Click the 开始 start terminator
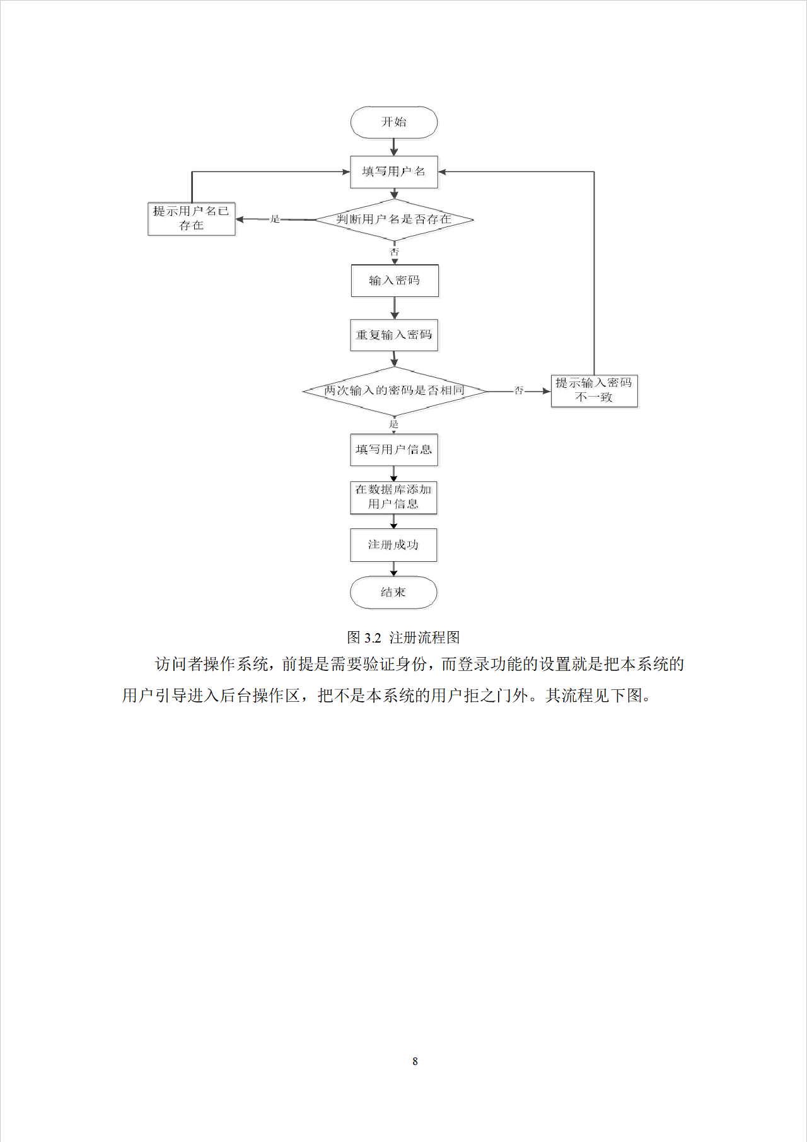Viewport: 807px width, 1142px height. click(x=394, y=122)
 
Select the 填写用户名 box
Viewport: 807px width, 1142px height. click(x=394, y=172)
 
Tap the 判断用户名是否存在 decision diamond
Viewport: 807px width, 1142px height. click(x=394, y=219)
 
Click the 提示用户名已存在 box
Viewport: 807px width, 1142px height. click(x=191, y=218)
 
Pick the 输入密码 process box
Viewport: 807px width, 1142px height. click(x=395, y=281)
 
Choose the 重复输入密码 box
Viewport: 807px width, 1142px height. click(x=394, y=335)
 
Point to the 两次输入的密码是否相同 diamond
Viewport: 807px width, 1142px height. click(x=395, y=391)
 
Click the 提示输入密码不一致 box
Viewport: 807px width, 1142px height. click(x=594, y=390)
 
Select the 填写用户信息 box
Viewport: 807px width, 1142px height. click(x=394, y=450)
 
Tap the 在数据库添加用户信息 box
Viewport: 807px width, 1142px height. click(x=393, y=497)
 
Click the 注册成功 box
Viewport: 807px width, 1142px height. click(x=393, y=545)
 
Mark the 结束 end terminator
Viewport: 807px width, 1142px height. click(x=393, y=592)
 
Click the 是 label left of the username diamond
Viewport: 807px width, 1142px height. click(x=275, y=219)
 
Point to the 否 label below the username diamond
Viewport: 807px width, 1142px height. click(x=395, y=252)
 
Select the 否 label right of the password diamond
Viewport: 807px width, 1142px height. click(x=519, y=390)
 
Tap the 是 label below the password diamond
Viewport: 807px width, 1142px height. click(x=394, y=424)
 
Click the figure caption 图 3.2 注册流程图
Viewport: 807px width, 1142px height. click(x=403, y=638)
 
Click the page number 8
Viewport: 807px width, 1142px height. click(x=415, y=1061)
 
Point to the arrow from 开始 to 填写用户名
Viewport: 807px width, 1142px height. click(x=394, y=147)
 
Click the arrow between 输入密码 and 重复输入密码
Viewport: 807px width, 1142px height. click(x=395, y=308)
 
